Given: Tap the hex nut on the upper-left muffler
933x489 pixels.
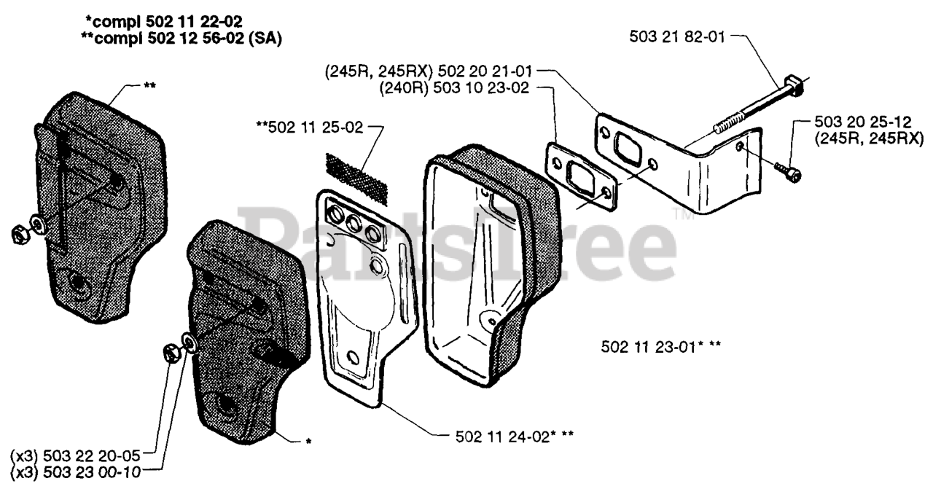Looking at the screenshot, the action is (20, 234).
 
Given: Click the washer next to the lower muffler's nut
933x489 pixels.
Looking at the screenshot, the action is (189, 341).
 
